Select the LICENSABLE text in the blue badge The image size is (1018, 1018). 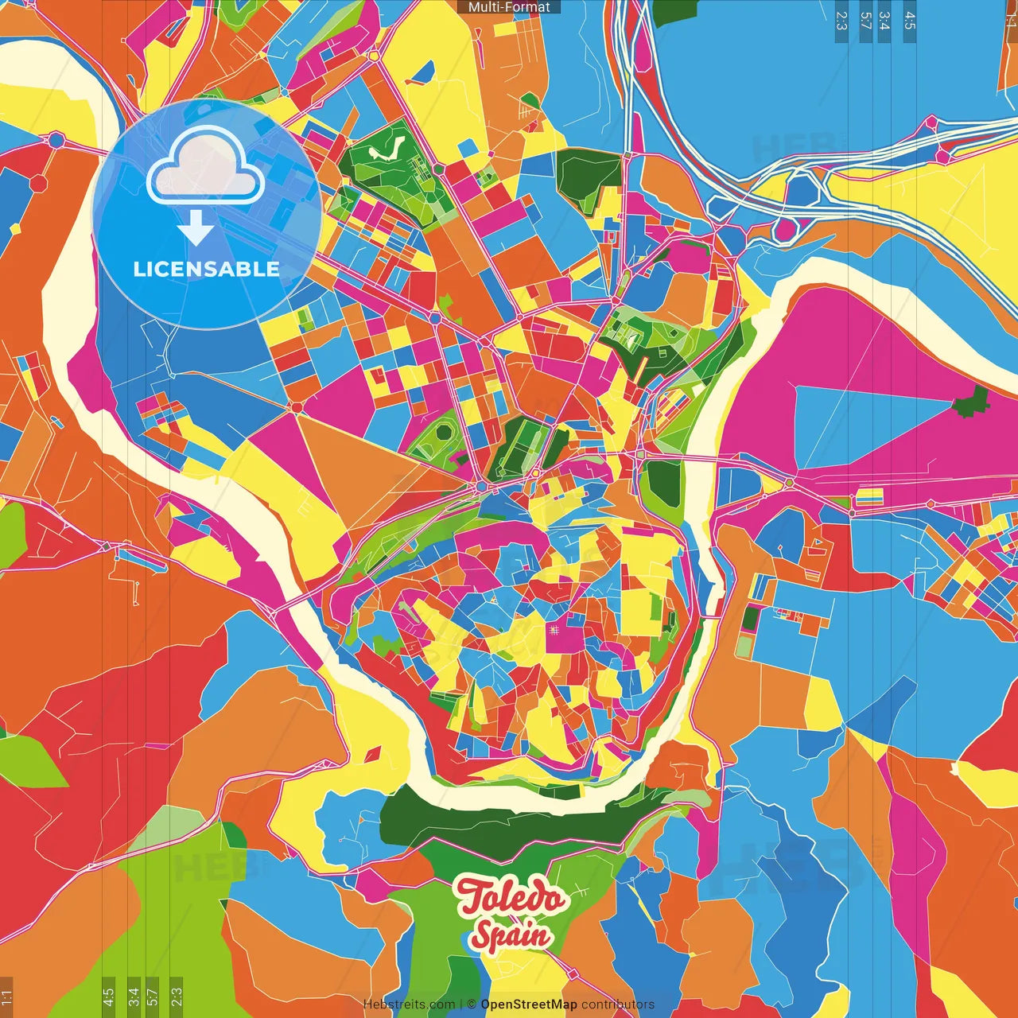pos(207,269)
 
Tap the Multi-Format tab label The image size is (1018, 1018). pos(509,7)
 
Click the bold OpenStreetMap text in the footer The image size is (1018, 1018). pos(528,1004)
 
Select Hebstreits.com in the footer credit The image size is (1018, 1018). pos(409,1004)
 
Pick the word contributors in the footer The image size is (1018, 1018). pos(618,1004)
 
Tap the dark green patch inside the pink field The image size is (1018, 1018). pos(970,401)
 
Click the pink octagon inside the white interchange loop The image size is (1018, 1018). pos(785,229)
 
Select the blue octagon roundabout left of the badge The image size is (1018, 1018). pos(56,140)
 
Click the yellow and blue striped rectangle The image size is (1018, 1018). pos(868,498)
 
